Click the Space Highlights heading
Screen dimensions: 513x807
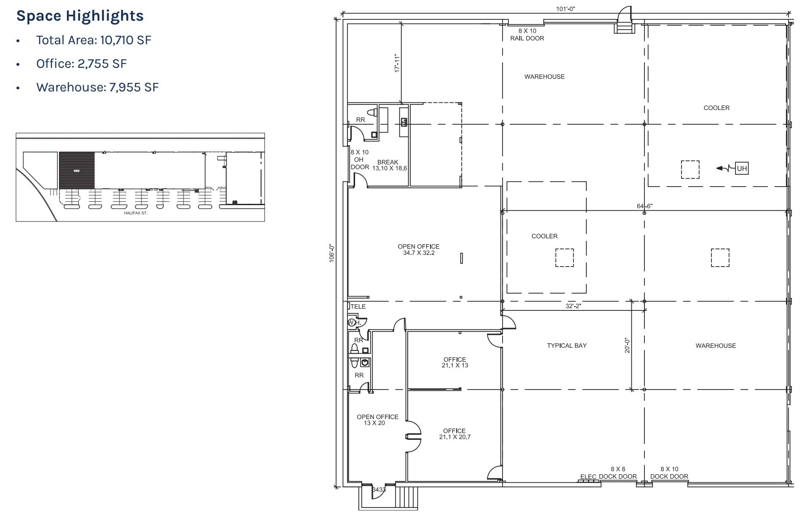click(x=80, y=16)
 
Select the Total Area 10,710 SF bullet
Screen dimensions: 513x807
click(x=94, y=40)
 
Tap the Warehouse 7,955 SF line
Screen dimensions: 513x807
click(x=97, y=87)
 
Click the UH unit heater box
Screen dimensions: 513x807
click(x=741, y=168)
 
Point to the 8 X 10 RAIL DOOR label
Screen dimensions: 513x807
click(x=527, y=35)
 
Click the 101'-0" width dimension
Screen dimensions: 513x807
click(x=565, y=9)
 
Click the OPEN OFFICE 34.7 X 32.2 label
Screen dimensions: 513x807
click(x=418, y=249)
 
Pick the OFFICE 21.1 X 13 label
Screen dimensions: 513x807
click(x=454, y=362)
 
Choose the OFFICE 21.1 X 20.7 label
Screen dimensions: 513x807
click(x=454, y=434)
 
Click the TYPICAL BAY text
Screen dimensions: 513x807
click(x=567, y=345)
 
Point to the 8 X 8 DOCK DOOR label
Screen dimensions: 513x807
click(x=617, y=473)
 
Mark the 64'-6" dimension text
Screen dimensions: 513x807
click(x=644, y=206)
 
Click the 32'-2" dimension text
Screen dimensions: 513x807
click(x=573, y=306)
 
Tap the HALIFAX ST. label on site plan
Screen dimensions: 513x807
click(x=136, y=213)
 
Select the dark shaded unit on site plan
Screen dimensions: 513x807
click(x=77, y=170)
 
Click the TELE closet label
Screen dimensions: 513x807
click(x=358, y=307)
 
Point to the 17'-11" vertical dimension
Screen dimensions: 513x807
click(x=397, y=63)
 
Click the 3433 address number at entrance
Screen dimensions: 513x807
click(x=379, y=489)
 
